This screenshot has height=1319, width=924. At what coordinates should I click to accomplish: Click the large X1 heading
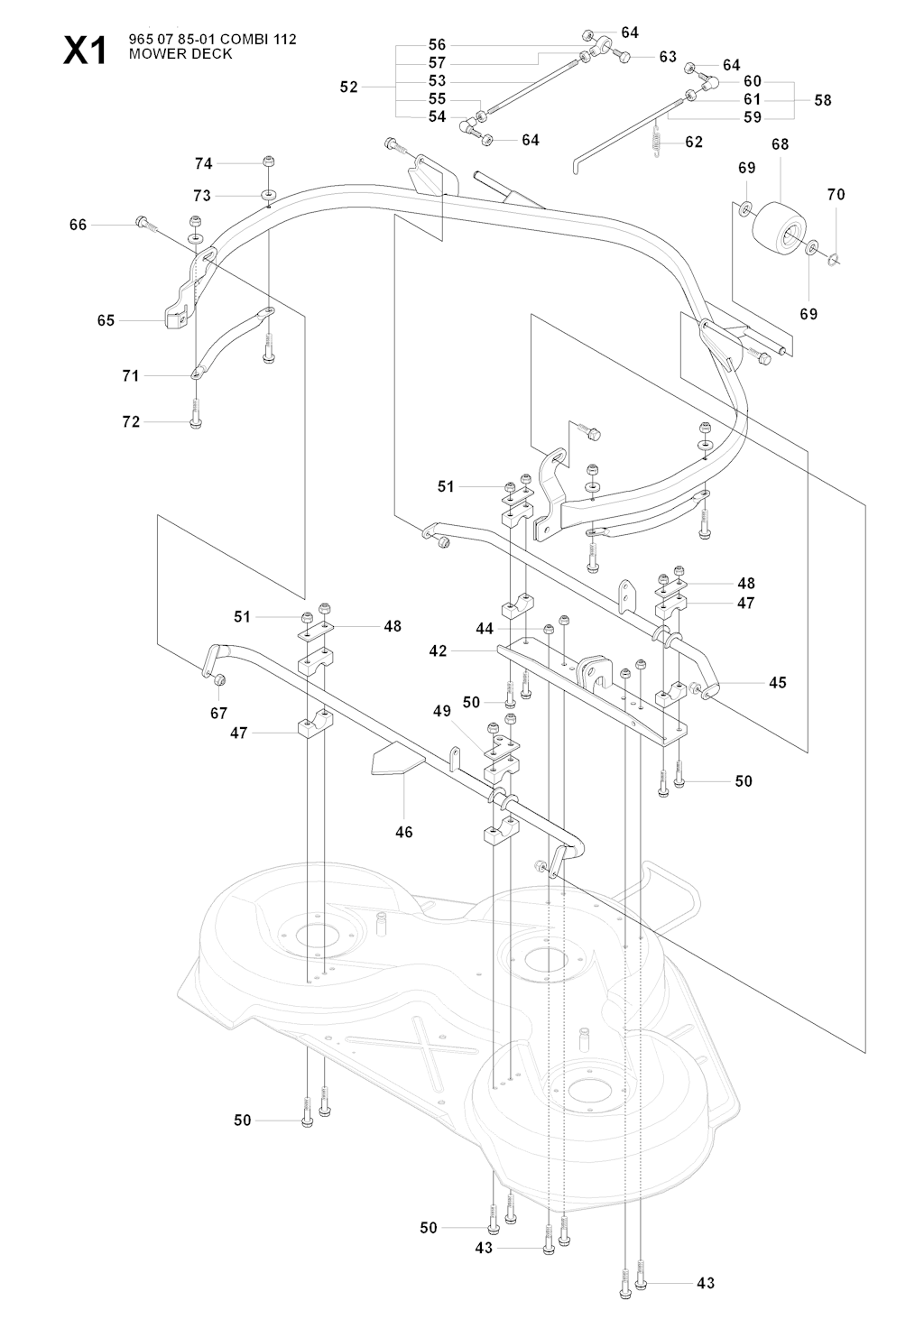pyautogui.click(x=84, y=51)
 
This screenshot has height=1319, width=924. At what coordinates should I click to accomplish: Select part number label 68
pyautogui.click(x=780, y=144)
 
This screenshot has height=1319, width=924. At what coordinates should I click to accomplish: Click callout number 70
pyautogui.click(x=836, y=194)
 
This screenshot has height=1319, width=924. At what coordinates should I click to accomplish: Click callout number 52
pyautogui.click(x=349, y=88)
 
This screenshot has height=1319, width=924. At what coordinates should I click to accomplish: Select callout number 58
pyautogui.click(x=822, y=100)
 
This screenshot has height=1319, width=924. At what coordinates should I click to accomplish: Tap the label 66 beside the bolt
pyautogui.click(x=79, y=225)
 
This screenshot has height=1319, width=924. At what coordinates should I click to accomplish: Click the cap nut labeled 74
pyautogui.click(x=269, y=161)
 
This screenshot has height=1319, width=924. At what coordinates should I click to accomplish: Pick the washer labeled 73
pyautogui.click(x=270, y=195)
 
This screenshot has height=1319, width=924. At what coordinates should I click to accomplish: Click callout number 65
pyautogui.click(x=106, y=320)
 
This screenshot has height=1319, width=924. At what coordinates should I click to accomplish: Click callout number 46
pyautogui.click(x=404, y=832)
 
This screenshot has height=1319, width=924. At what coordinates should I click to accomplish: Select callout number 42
pyautogui.click(x=438, y=650)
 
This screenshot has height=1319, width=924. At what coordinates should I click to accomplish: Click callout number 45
pyautogui.click(x=777, y=682)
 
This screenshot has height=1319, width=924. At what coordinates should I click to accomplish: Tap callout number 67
pyautogui.click(x=218, y=714)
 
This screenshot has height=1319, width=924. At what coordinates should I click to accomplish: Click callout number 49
pyautogui.click(x=441, y=711)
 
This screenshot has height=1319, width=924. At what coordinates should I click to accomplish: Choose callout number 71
pyautogui.click(x=131, y=375)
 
